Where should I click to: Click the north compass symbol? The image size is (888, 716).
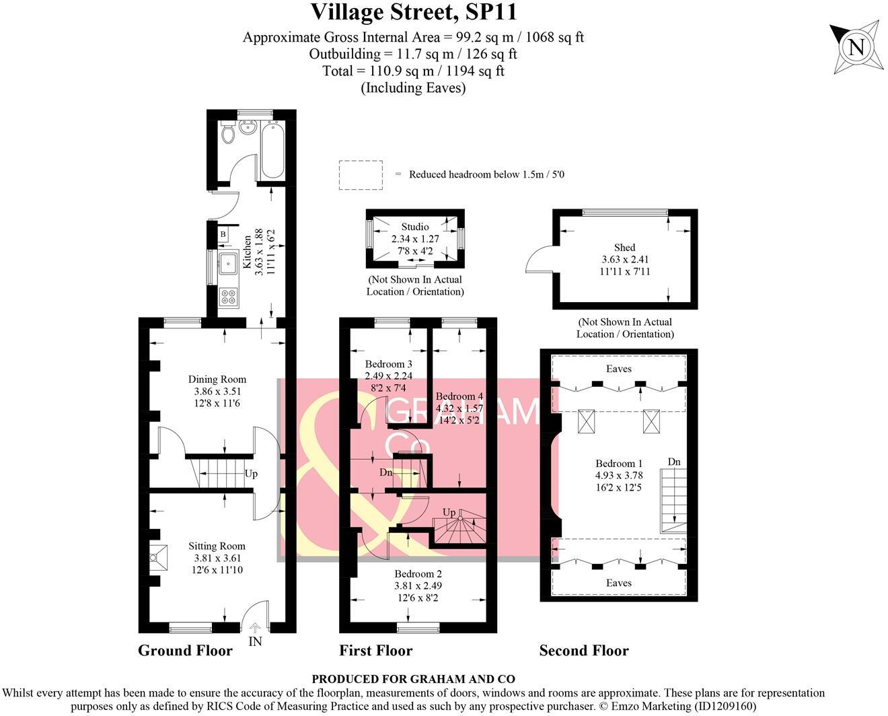(855, 47)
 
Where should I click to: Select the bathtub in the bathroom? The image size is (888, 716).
(272, 149)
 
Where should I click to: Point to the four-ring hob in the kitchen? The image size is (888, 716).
(228, 296)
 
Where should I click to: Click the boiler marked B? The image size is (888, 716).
(223, 234)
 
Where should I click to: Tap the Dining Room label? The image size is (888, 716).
(217, 380)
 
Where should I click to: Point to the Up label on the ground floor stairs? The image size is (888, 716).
(251, 474)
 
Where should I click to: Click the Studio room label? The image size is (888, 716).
(414, 227)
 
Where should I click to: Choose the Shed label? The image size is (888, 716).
(624, 248)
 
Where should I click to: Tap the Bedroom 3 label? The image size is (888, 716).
(388, 364)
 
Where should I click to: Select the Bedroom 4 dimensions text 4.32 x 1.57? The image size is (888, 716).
(459, 408)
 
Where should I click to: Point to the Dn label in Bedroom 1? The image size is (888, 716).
(674, 462)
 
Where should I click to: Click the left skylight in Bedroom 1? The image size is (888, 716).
(587, 422)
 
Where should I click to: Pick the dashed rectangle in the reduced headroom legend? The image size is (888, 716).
(361, 174)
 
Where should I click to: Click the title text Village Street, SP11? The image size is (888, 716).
(413, 13)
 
